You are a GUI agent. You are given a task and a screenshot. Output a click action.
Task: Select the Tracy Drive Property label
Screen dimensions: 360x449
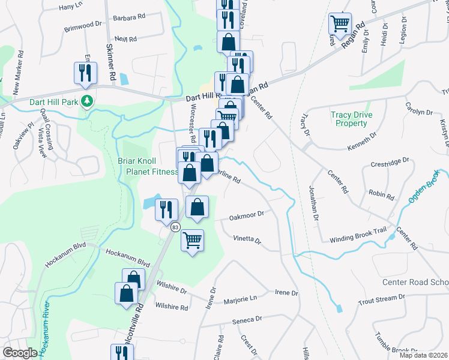[351, 119]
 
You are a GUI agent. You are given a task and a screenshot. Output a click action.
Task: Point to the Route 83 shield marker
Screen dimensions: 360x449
[175, 227]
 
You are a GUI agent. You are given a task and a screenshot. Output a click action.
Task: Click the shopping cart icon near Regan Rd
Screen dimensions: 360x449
[340, 24]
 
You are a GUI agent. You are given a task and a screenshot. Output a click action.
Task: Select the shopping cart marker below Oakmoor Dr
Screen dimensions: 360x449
[192, 241]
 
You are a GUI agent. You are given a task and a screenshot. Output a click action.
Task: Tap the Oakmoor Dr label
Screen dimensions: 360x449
[247, 218]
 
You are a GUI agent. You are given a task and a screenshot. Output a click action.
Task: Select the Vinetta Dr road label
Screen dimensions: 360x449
[247, 240]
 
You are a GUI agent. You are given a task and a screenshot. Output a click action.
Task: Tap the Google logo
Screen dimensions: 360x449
[20, 353]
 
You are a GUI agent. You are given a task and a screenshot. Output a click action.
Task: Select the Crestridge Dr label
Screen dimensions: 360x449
[390, 161]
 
